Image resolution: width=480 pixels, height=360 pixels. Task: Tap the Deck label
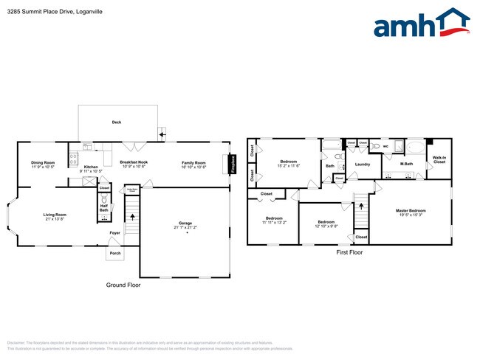point(117,122)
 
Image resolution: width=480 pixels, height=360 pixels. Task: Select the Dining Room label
point(43,163)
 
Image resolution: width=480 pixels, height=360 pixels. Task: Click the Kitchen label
point(91,167)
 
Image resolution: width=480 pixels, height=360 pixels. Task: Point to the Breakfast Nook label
point(134,163)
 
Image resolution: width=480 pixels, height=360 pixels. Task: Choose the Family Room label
point(195,163)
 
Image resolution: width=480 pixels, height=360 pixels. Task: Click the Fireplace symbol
point(233,165)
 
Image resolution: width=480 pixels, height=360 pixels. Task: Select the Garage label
point(187,224)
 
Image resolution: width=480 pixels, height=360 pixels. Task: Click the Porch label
point(115,254)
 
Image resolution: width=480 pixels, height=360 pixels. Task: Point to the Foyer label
point(114,233)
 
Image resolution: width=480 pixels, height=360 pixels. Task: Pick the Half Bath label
point(104,209)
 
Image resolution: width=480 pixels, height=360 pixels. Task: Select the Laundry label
point(362,164)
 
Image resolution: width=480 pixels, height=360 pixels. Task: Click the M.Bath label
point(405,164)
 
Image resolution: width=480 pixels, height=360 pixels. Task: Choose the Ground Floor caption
point(123,285)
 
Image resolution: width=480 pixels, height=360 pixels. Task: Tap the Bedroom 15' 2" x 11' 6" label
point(288,163)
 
